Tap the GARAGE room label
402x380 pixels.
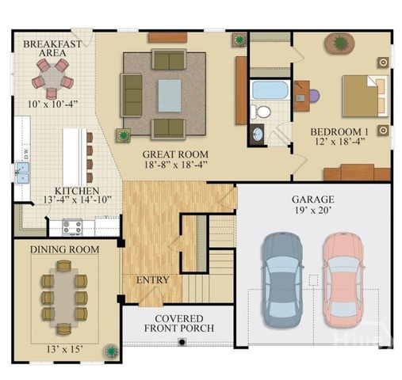[x=312, y=199]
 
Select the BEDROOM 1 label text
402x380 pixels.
[x=339, y=131]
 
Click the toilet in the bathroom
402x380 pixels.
[x=262, y=111]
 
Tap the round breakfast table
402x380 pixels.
[x=52, y=78]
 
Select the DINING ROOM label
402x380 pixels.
[x=64, y=249]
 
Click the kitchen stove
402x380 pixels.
[x=73, y=228]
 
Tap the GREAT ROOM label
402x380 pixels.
[x=175, y=154]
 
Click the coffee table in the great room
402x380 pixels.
[x=169, y=96]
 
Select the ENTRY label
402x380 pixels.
[x=153, y=280]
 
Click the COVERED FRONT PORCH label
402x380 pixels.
[x=178, y=324]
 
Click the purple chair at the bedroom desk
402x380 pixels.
[x=313, y=96]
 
